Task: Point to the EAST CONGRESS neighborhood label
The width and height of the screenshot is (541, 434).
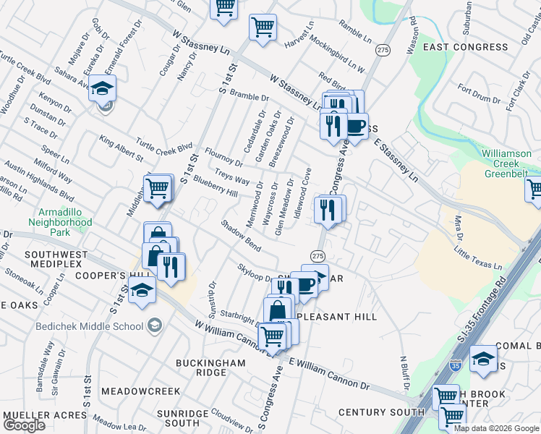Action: (x=465, y=47)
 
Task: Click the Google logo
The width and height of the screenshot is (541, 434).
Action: (x=24, y=425)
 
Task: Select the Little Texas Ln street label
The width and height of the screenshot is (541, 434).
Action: (x=478, y=257)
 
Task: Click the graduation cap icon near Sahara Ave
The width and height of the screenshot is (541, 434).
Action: (x=103, y=89)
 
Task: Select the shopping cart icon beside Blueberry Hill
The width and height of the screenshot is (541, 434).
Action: (x=158, y=188)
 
